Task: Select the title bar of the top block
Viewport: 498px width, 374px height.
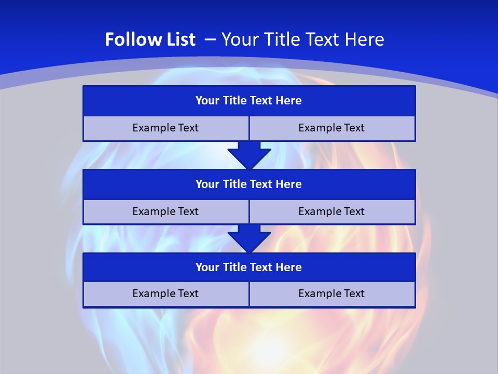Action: [x=249, y=101]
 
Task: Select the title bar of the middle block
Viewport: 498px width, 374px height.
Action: [x=249, y=184]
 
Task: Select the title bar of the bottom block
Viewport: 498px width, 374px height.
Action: [x=249, y=268]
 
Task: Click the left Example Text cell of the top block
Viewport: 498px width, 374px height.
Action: [x=165, y=128]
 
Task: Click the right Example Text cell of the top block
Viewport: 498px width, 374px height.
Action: [x=332, y=128]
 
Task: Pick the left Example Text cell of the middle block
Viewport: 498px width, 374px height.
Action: [x=165, y=211]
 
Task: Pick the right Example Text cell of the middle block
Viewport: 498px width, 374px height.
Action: [x=332, y=211]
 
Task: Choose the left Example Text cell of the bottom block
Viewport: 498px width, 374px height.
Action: [x=165, y=293]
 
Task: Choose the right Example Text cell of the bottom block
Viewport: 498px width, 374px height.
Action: [x=332, y=293]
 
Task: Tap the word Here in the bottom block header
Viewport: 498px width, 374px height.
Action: [x=289, y=268]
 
